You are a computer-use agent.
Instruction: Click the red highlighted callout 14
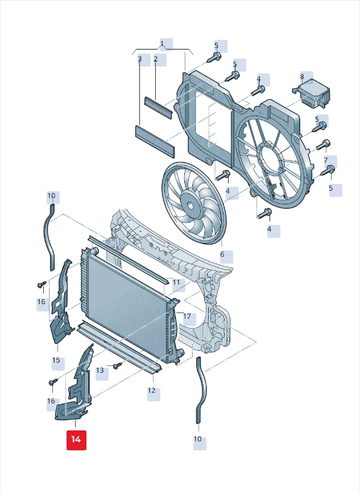(76, 439)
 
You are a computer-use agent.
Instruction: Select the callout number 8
(302, 76)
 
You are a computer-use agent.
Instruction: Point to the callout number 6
(222, 254)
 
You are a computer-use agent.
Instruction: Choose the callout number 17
(187, 317)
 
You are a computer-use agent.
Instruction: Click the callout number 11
(176, 282)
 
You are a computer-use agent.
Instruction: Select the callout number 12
(151, 391)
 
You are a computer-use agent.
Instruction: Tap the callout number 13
(100, 371)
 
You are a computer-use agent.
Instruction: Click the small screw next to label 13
(118, 365)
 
